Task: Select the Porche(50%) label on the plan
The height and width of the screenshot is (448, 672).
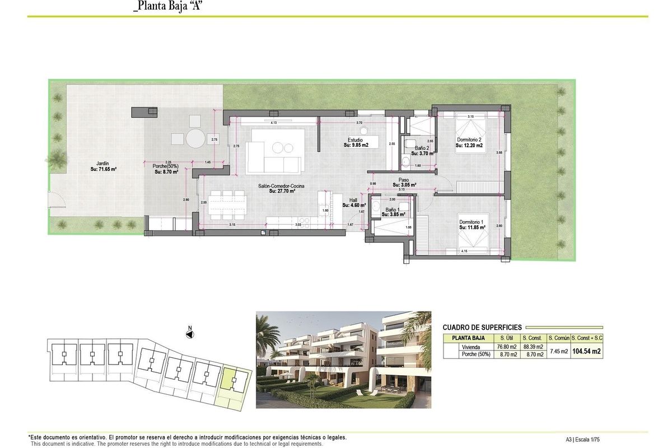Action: [x=166, y=169]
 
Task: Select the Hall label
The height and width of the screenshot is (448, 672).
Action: [x=353, y=203]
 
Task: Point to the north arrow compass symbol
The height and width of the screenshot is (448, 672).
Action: [x=190, y=334]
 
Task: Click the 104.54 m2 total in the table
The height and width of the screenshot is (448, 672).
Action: [x=587, y=351]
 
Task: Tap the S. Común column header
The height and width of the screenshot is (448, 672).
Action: [x=558, y=338]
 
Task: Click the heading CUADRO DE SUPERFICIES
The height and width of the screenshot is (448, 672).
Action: [x=482, y=327]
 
